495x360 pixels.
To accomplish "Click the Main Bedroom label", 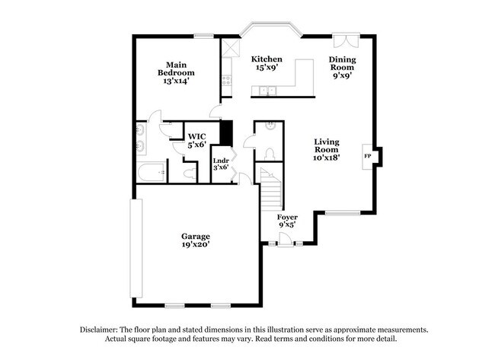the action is tap(176, 73).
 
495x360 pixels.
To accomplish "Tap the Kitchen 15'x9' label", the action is tap(267, 63).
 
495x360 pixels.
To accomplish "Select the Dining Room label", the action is tap(342, 67).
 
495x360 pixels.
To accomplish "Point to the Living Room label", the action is tap(327, 149).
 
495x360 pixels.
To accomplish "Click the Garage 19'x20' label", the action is tap(196, 240).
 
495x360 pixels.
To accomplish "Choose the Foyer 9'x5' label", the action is tap(287, 221).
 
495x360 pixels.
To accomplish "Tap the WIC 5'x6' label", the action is tap(197, 141).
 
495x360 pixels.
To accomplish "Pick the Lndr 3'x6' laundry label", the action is tap(221, 164).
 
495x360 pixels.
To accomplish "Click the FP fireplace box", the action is tap(368, 157).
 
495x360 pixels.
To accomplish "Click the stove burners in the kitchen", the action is tap(226, 80).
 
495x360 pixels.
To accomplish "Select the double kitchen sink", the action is tap(267, 91).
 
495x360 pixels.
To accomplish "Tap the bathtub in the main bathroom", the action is tap(152, 172).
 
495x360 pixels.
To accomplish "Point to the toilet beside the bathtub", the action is tap(190, 174).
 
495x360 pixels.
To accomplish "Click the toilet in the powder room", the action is tap(270, 155).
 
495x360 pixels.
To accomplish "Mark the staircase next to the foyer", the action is tap(270, 189).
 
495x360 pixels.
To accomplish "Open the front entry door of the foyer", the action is tap(285, 240).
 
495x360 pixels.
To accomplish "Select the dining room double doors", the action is tap(346, 40).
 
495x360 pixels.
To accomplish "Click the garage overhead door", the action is tap(136, 248).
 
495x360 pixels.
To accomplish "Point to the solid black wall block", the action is tap(226, 133).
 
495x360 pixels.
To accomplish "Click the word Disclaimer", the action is tap(98, 330).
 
